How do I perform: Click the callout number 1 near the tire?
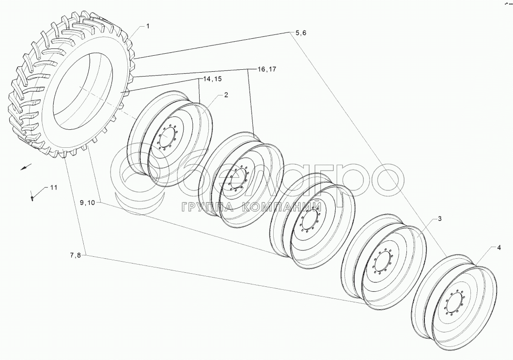click(148, 26)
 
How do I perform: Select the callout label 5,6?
click(301, 33)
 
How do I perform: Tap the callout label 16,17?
click(266, 69)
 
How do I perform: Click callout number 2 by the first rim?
click(226, 95)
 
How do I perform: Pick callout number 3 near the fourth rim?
click(440, 219)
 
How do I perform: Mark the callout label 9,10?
click(87, 203)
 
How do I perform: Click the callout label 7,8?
click(75, 256)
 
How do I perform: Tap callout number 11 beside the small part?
click(54, 188)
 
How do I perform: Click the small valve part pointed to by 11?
click(32, 198)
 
